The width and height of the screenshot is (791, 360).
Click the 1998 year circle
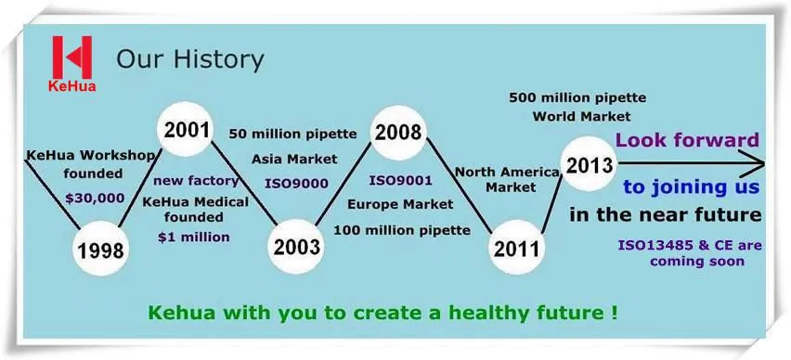coord(100,249)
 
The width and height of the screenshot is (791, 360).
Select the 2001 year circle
coord(185,130)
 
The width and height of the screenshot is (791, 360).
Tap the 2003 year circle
coord(296,247)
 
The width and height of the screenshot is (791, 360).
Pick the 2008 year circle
coord(398,133)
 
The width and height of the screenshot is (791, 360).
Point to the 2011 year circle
coord(516,248)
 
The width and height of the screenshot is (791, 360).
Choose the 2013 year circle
coord(589,164)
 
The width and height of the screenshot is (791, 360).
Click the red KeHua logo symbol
coord(72,57)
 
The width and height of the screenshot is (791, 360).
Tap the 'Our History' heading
coord(190,59)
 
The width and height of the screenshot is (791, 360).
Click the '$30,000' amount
coord(95,199)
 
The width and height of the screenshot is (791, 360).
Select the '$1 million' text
coord(194,237)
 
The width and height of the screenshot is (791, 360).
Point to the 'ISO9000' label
coord(296,184)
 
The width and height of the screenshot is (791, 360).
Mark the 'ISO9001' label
coord(400,180)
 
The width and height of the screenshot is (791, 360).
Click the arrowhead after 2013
coord(755,163)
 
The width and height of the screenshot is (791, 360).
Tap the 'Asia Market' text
coord(294,160)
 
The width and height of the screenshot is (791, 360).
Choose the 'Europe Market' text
coord(400,204)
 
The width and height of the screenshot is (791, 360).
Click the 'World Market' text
coord(582,117)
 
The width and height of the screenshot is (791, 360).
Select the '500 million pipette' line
coord(577,96)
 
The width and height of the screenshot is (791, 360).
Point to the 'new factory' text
coord(196,180)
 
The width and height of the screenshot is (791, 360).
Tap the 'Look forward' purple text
coord(688,140)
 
